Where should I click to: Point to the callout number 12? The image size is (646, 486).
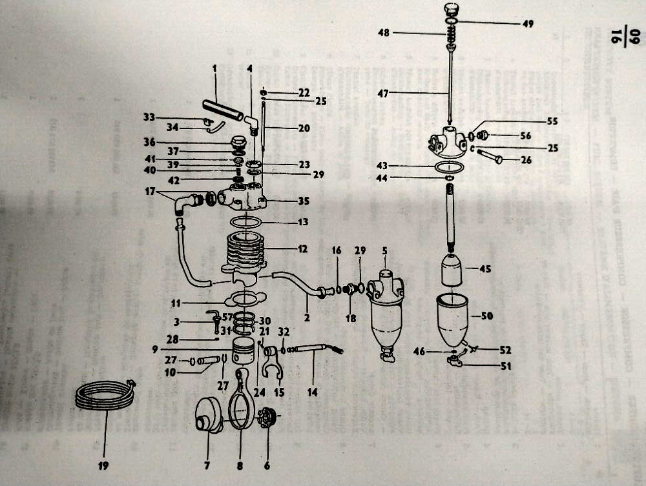coord(301,247)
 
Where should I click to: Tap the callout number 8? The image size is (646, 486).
coord(240,465)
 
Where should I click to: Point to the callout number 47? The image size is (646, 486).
coord(383,94)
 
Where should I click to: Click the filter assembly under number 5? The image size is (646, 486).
coord(385,316)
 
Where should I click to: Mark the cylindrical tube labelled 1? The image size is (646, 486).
coord(223,110)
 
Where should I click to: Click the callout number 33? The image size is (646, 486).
coord(149,117)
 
